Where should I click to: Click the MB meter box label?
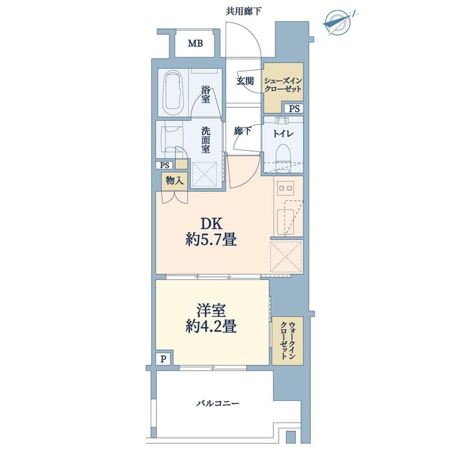click(196, 44)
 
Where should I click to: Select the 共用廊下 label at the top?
click(243, 11)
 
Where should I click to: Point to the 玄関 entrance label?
click(245, 81)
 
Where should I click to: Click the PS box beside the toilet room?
click(294, 109)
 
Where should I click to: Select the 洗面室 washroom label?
click(205, 140)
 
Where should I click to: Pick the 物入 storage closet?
click(175, 181)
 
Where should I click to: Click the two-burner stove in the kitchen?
click(285, 188)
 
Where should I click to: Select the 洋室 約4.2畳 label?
click(211, 319)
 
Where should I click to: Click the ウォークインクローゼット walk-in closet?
click(288, 341)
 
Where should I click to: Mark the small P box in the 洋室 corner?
click(163, 359)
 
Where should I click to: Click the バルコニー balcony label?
click(218, 403)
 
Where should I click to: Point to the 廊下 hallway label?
click(243, 131)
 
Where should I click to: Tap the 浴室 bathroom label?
click(205, 95)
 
